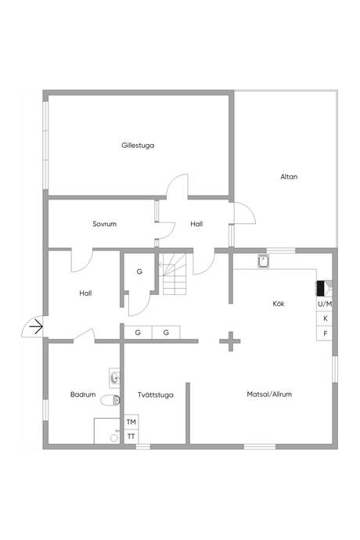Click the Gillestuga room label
click(138, 146)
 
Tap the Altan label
click(289, 177)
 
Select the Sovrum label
click(104, 224)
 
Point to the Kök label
click(279, 304)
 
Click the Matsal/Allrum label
click(269, 394)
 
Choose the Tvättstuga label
click(156, 394)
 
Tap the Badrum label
click(83, 394)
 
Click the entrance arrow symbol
click(36, 326)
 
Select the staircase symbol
click(175, 274)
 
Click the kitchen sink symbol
click(263, 261)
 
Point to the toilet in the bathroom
click(110, 400)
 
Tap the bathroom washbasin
click(114, 378)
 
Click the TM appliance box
click(131, 422)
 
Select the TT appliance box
click(131, 437)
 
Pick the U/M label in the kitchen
click(325, 304)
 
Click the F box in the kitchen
click(325, 333)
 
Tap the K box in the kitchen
click(325, 319)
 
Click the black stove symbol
click(321, 288)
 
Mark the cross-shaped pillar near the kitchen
click(230, 341)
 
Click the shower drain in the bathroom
click(113, 437)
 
